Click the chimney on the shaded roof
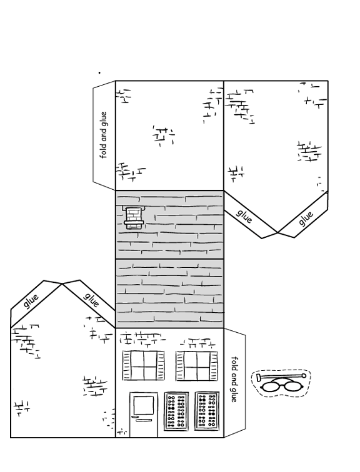click(134, 217)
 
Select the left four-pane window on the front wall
click(144, 365)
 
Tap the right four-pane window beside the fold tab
click(197, 366)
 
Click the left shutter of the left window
click(126, 365)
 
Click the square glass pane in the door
click(144, 405)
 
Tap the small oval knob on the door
click(134, 417)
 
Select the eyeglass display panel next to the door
click(176, 411)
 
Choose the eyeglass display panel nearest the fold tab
click(207, 411)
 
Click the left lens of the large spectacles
click(271, 386)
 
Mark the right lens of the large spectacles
click(294, 386)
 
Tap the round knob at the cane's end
click(304, 376)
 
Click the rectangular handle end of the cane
click(259, 377)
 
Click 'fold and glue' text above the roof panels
click(104, 135)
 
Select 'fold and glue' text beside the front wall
click(234, 380)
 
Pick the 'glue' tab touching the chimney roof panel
click(243, 217)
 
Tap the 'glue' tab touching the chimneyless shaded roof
click(91, 300)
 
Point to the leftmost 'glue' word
click(31, 301)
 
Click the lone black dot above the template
click(99, 72)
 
